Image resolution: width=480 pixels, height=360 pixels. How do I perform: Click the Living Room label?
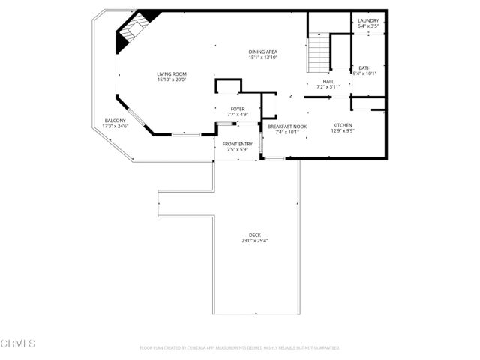coord(172,73)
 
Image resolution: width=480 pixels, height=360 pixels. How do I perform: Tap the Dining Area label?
coord(263,52)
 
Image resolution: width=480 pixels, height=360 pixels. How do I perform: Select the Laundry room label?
coord(368,20)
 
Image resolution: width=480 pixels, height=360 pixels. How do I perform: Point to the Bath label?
coord(364,67)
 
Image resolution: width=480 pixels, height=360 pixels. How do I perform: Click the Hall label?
coord(328,81)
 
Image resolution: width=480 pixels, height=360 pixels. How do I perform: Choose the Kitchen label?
coord(343,125)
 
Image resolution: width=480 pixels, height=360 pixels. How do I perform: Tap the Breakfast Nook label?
coord(287,126)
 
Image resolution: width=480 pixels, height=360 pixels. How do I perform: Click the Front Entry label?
coord(238,144)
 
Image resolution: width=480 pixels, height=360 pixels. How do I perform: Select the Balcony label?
coord(115,121)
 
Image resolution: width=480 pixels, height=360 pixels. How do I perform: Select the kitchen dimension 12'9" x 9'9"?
coord(343,131)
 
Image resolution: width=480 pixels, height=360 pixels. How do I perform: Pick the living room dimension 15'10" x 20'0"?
coord(172,79)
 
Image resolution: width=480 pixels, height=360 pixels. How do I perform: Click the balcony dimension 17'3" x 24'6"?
coord(115,127)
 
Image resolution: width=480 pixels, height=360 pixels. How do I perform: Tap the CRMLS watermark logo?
coord(18,343)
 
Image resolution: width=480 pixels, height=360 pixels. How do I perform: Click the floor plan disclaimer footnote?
coord(239,348)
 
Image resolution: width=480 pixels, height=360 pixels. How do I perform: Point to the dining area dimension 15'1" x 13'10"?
coord(263,58)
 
